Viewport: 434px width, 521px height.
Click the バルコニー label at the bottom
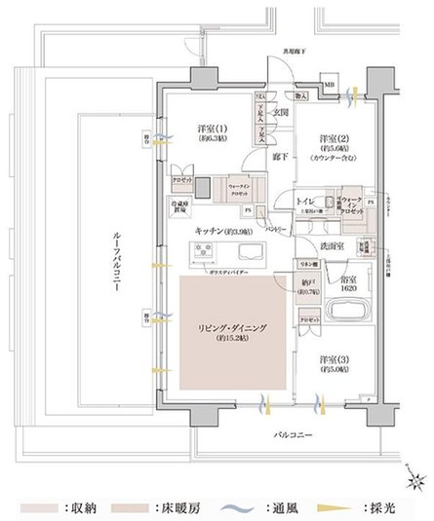289,435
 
